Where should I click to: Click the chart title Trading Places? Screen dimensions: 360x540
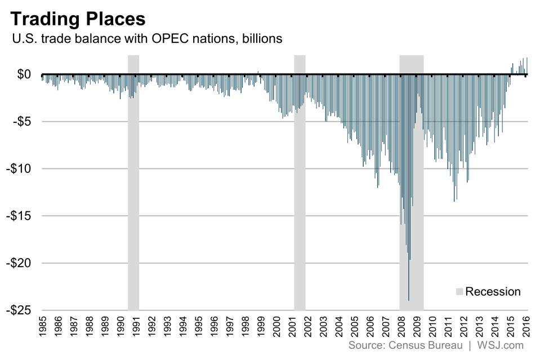(78, 19)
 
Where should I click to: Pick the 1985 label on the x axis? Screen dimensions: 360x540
(43, 326)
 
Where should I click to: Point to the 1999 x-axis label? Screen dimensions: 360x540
(260, 326)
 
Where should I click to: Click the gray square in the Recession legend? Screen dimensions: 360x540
(459, 291)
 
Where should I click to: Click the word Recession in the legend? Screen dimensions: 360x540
(493, 291)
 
